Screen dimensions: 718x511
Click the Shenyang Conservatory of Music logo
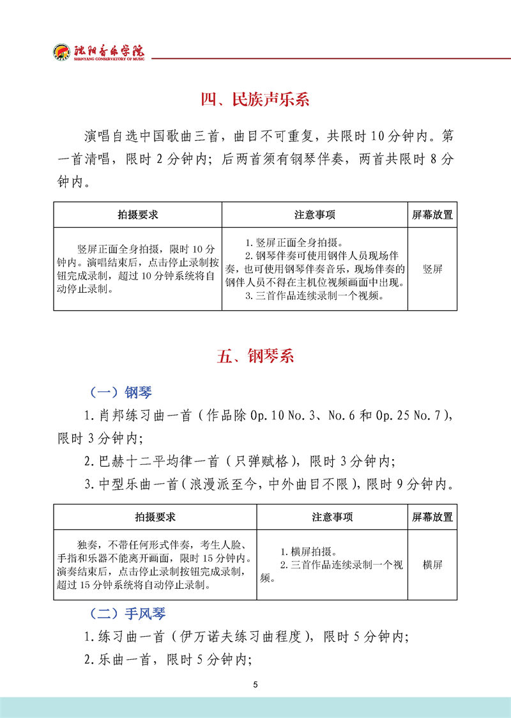click(x=99, y=52)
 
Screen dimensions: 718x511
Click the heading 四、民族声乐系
click(x=255, y=100)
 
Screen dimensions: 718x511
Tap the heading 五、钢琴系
click(x=255, y=357)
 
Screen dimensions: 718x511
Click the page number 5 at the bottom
click(x=256, y=685)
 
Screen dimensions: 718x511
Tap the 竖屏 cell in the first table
click(x=432, y=269)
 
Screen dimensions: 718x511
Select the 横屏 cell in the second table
click(x=432, y=565)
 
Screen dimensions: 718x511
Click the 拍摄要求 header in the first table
click(x=137, y=215)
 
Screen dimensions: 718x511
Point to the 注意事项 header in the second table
click(x=332, y=517)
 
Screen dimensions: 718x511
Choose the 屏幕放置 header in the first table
click(x=432, y=215)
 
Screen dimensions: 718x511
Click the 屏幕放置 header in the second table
click(x=432, y=517)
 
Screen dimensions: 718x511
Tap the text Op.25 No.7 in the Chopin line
click(x=406, y=416)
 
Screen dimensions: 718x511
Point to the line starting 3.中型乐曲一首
click(x=268, y=484)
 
